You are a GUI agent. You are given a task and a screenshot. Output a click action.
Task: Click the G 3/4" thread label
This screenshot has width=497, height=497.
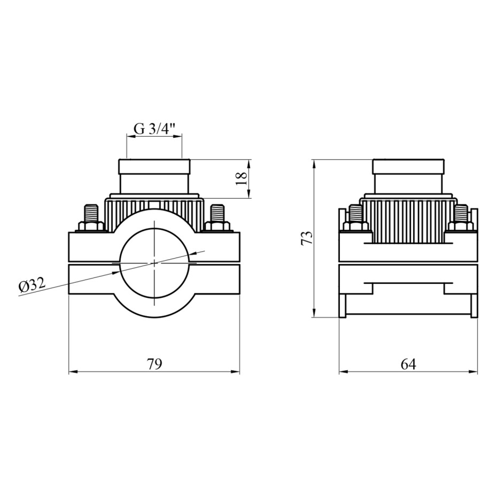coord(154,128)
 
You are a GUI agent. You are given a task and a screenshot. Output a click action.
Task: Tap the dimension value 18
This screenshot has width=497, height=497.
coord(242,178)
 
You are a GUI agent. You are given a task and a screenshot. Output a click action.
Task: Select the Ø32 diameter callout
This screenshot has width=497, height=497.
coord(32,285)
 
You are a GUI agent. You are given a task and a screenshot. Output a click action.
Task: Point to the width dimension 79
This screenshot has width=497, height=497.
coord(154,364)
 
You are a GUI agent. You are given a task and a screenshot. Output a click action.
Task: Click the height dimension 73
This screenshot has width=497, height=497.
coord(307,238)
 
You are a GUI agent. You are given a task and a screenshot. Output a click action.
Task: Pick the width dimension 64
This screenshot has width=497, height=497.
coord(408,364)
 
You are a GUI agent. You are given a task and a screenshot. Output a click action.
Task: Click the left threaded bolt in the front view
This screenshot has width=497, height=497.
coord(91,214)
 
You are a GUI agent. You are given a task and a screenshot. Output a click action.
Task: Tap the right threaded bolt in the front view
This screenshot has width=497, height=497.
coord(217,214)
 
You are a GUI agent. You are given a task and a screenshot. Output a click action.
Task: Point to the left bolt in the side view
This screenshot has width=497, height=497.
coord(355,214)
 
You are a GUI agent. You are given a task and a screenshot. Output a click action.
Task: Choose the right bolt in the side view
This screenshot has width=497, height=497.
coord(461,214)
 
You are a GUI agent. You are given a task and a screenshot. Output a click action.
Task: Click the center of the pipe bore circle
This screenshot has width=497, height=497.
coord(154,263)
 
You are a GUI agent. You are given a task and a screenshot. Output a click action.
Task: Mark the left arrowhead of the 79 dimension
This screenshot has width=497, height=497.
coord(73,372)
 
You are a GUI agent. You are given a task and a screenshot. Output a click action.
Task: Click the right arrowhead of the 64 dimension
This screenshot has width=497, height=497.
coord(473,372)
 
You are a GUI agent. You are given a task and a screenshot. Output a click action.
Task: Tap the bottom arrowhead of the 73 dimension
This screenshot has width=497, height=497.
coord(314,312)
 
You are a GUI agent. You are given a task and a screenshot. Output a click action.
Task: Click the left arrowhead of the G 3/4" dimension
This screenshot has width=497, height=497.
coord(131,137)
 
